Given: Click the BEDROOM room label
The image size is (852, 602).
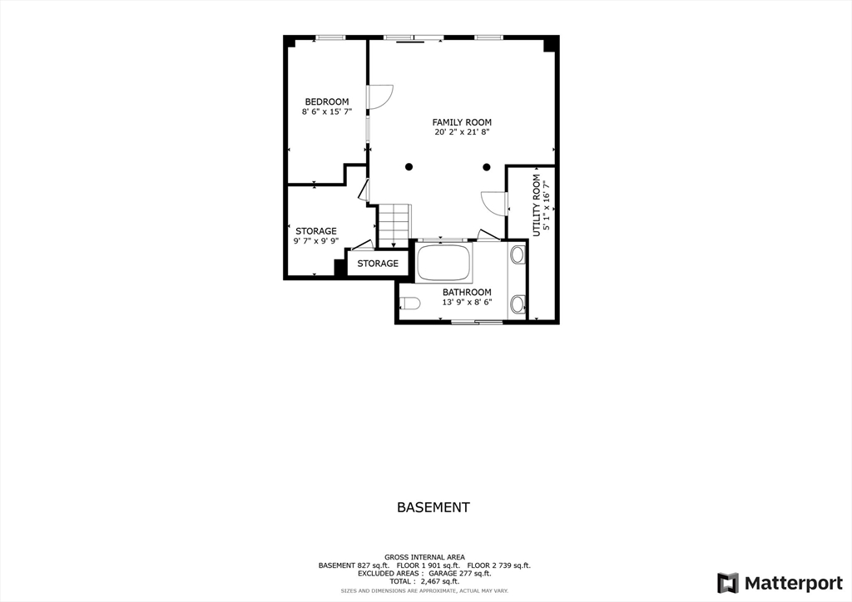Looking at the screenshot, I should (x=325, y=102).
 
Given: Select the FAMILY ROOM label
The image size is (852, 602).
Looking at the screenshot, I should (x=462, y=122).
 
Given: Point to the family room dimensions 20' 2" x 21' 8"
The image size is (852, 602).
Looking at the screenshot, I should (x=462, y=132).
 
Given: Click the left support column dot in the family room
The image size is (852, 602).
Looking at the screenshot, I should (x=409, y=167).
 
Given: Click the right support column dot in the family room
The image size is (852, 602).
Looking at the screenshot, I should (x=487, y=167).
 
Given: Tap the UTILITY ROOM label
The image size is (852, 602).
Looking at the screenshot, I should (x=537, y=205).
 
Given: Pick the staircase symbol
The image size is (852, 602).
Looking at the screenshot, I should (x=394, y=225).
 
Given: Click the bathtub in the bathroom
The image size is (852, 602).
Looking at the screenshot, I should (x=444, y=263).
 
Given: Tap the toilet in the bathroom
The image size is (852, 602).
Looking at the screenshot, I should (x=409, y=302).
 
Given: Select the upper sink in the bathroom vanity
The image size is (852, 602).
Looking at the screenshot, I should (x=517, y=254).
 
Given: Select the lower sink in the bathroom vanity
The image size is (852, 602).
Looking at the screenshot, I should (x=517, y=304).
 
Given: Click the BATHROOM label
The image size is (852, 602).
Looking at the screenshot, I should (x=466, y=293).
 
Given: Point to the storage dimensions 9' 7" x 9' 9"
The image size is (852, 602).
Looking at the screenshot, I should (x=315, y=241).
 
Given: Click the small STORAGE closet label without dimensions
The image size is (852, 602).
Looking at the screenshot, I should (x=378, y=264).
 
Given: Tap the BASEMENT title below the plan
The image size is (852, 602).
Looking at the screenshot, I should (x=433, y=507).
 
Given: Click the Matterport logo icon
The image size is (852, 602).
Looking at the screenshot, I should (x=727, y=583).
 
